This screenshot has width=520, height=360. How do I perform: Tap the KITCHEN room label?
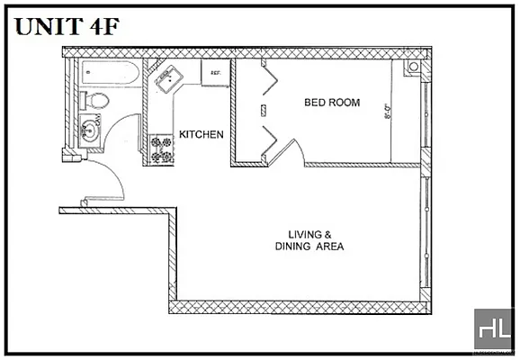click(x=201, y=134)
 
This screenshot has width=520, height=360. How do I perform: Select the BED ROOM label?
click(x=331, y=103)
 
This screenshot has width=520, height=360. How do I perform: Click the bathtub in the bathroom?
click(x=106, y=73)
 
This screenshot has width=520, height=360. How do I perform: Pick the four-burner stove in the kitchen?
click(x=162, y=148)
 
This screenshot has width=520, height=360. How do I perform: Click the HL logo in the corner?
click(x=493, y=330)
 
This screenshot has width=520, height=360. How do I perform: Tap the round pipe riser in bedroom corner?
click(x=412, y=67)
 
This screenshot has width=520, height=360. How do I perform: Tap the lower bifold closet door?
click(x=268, y=139)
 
